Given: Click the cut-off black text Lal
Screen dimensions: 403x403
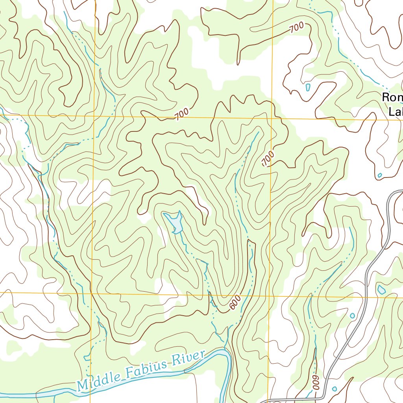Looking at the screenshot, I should click(x=395, y=112).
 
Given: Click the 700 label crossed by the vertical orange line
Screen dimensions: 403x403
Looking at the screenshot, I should click(x=268, y=159).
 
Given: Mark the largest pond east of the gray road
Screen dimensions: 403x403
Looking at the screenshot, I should click(x=381, y=290).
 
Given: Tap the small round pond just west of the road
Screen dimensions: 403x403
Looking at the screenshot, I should click(x=352, y=316).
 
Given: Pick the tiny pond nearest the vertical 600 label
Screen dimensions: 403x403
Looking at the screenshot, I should click(x=335, y=389).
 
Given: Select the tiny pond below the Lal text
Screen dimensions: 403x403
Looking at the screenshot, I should click(x=380, y=175).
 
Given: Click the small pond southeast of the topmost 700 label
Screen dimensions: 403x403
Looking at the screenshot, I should click(x=307, y=87).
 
